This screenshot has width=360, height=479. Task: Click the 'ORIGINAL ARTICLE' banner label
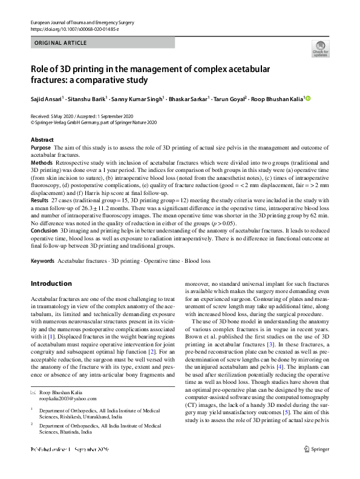[x=61, y=43]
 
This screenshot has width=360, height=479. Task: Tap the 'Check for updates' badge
[x=320, y=48]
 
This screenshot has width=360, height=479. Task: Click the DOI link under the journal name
[x=74, y=29]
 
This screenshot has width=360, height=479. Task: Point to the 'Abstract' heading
[x=42, y=140]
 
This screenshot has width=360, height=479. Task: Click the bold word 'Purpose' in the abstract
[x=41, y=148]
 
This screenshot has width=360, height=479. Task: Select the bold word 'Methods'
[x=42, y=164]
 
